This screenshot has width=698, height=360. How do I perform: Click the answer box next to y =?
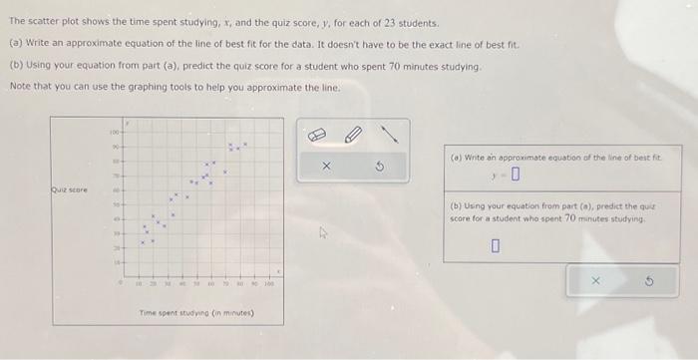pos(516,179)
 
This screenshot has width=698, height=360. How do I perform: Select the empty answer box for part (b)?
pos(494,246)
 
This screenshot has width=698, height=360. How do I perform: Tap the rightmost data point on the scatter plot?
pos(245,146)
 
